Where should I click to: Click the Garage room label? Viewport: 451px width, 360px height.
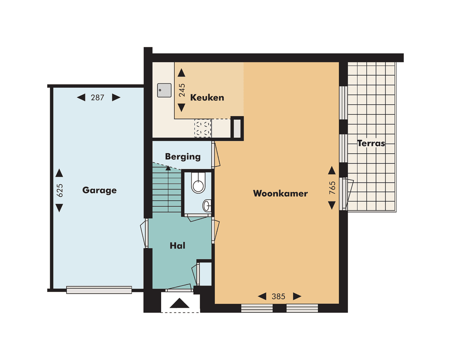click(99, 190)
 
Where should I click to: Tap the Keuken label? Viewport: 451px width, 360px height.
click(207, 98)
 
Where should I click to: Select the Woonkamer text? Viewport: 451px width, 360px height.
click(280, 193)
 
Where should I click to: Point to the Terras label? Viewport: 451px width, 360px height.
click(371, 143)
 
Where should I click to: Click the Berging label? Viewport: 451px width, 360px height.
click(182, 157)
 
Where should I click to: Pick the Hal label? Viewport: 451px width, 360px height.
click(177, 246)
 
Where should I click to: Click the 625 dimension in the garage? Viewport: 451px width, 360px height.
click(59, 190)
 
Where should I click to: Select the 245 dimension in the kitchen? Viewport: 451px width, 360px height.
click(182, 90)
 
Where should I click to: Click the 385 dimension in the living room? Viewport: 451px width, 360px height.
click(279, 297)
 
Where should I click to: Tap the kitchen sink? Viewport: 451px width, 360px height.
click(164, 90)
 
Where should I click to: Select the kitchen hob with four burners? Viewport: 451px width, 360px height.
click(203, 128)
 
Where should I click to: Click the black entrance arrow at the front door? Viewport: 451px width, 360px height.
click(180, 303)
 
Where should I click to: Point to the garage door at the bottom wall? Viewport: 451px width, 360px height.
click(99, 290)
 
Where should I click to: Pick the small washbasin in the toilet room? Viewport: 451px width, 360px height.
click(207, 205)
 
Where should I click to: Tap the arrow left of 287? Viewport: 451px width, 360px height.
click(81, 98)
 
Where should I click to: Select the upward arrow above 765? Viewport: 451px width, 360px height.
click(332, 170)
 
